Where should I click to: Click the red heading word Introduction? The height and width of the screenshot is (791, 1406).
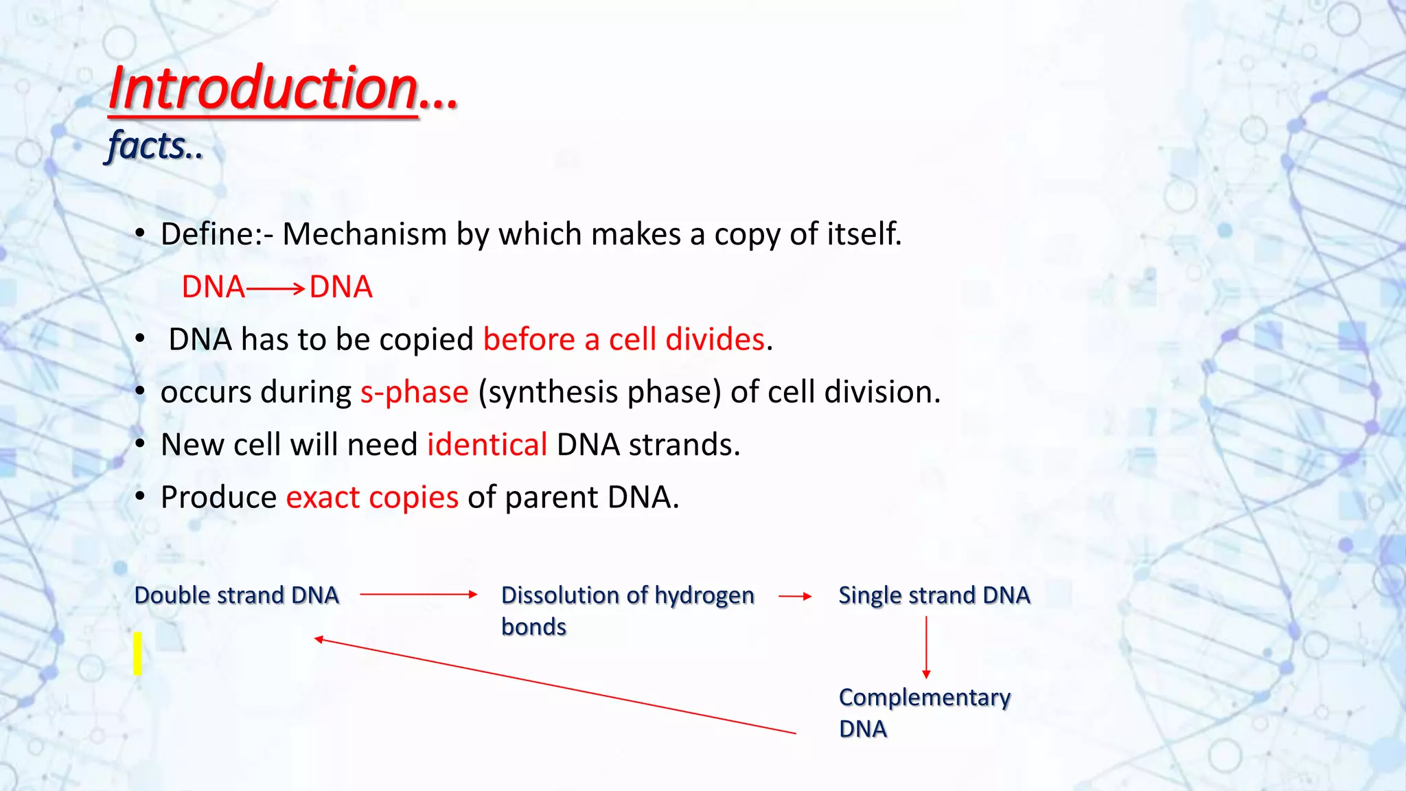click(x=264, y=89)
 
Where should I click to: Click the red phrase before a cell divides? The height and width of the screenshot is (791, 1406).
click(x=624, y=339)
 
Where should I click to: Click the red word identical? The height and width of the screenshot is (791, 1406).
click(x=487, y=444)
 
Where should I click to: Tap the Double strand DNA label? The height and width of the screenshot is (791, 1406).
click(x=237, y=595)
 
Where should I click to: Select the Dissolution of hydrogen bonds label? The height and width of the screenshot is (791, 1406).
click(x=627, y=611)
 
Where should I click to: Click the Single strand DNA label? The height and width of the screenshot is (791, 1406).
click(x=934, y=595)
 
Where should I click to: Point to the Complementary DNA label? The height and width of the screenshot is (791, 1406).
click(x=925, y=713)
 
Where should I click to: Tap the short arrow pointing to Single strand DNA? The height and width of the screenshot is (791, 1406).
click(x=795, y=597)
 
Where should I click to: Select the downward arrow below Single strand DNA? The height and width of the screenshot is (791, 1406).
click(x=926, y=647)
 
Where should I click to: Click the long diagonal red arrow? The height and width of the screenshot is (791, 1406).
click(x=555, y=686)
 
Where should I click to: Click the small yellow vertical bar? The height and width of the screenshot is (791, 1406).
click(x=138, y=654)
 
